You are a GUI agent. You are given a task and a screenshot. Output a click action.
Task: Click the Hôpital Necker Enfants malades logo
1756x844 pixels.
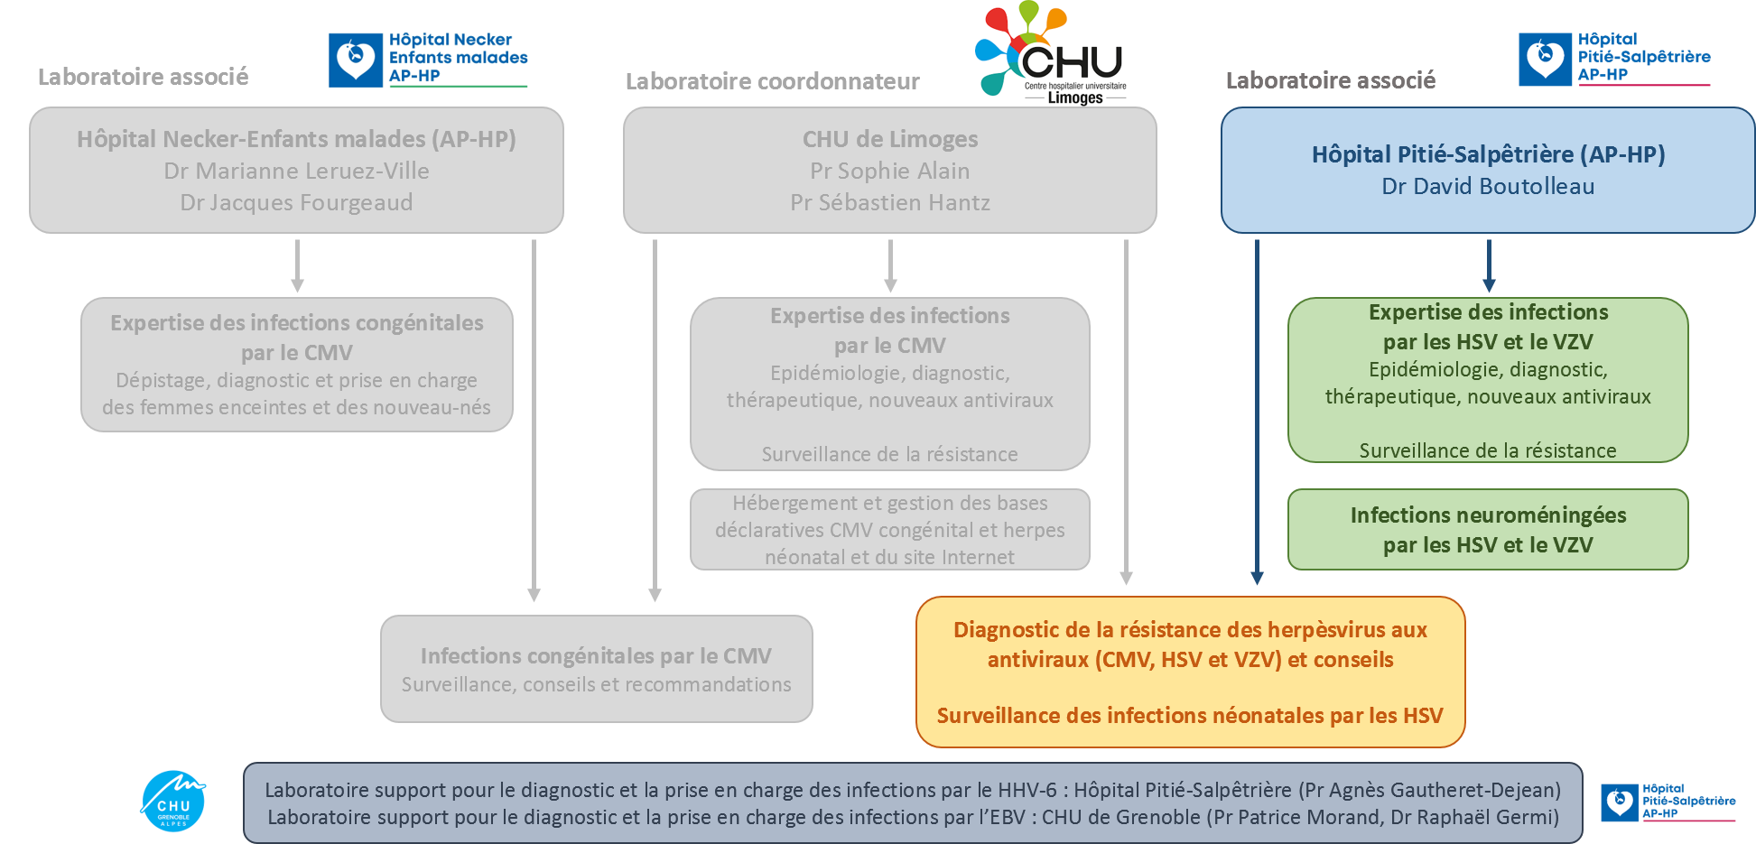pos(429,60)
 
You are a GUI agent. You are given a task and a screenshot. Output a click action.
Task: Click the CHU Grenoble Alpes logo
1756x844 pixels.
pos(173,801)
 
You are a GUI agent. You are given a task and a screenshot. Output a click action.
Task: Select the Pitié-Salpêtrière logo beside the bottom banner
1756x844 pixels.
pos(1668,802)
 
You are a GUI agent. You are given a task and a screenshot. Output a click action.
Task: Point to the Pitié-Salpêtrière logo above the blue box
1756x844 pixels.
pos(1614,59)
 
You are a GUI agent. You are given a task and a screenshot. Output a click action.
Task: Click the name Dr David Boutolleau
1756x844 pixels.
pos(1488,187)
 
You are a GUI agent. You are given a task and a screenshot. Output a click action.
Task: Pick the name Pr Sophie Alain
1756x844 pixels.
pos(890,171)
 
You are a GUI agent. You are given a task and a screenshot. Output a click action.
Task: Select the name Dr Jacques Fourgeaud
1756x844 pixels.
pos(296,202)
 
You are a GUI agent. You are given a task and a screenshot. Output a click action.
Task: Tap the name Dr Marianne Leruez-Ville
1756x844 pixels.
pos(296,171)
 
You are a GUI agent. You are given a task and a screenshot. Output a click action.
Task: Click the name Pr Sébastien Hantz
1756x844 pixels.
pos(890,202)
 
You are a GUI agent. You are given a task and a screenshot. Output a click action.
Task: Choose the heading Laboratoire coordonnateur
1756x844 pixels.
pos(772,81)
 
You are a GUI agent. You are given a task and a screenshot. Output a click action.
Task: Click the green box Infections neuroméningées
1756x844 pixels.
pos(1488,530)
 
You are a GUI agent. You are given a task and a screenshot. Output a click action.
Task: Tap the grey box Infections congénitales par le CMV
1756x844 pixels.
pos(596,669)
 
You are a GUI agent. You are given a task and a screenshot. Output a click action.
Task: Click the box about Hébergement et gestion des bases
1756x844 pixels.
pos(890,530)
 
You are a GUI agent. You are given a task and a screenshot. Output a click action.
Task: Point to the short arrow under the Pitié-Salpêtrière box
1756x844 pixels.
pos(1489,265)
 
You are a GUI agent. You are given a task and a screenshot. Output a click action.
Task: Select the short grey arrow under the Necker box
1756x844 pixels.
pos(297,265)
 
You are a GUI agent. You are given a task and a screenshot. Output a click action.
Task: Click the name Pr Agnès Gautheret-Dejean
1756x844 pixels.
pos(1430,790)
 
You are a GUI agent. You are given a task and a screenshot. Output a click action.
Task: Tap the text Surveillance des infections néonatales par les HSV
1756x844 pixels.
pos(1190,716)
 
